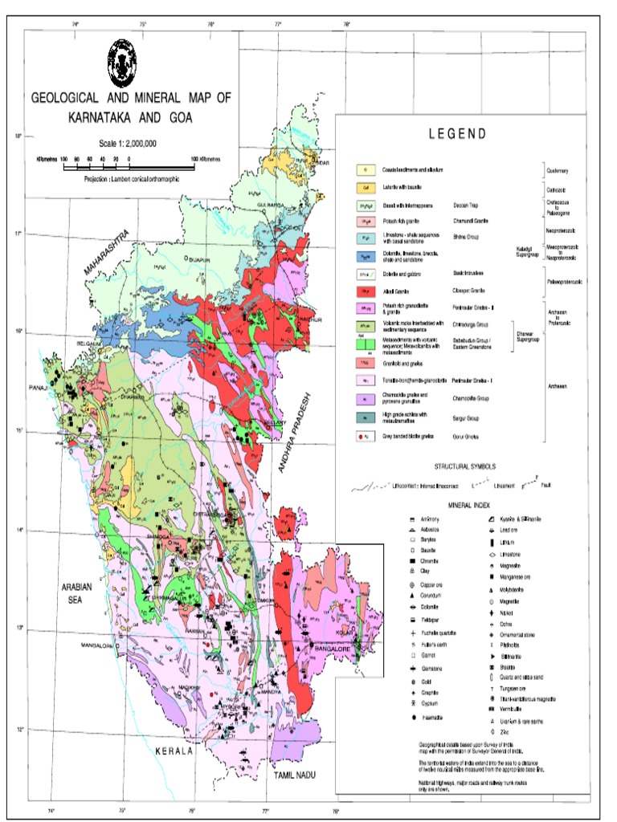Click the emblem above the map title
[122, 60]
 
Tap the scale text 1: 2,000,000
[127, 144]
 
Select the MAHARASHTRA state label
[108, 254]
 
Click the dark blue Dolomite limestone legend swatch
[366, 256]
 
